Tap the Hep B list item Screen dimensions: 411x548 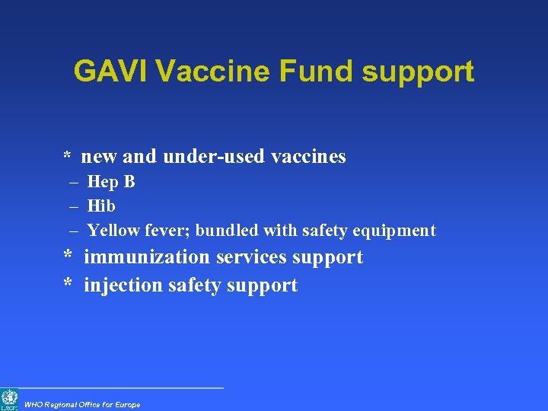[111, 182]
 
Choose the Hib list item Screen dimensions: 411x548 [101, 205]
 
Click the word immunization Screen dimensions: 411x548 [147, 257]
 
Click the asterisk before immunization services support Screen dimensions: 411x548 [68, 256]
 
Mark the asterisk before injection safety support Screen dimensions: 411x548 [68, 285]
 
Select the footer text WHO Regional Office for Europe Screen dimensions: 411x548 [82, 404]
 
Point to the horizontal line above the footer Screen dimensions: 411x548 [122, 388]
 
